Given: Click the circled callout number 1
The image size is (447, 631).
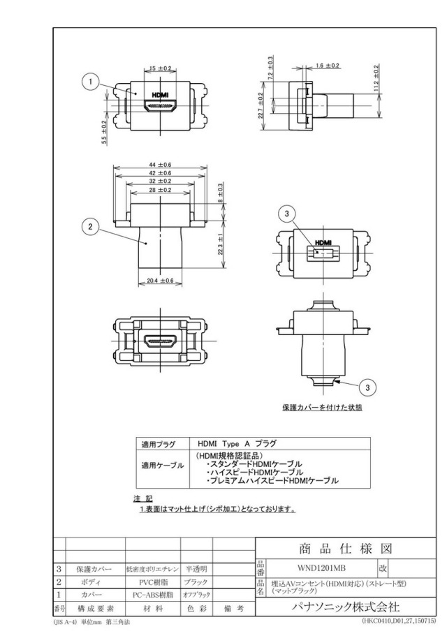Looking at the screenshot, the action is [91, 82].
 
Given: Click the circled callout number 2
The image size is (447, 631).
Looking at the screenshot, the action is [90, 227].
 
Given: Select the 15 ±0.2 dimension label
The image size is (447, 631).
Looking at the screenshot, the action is [160, 68].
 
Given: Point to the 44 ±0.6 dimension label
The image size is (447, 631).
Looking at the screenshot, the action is [159, 165].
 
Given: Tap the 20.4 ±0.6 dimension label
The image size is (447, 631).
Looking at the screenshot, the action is [160, 281].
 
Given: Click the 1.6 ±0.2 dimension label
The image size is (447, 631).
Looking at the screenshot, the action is [328, 66].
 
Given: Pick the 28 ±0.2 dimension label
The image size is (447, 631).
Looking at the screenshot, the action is [159, 190].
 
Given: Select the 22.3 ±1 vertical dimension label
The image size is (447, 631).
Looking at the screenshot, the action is [220, 244].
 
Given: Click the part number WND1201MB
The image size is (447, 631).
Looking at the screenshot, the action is [321, 568].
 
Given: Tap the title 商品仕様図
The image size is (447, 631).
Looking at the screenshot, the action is [346, 549].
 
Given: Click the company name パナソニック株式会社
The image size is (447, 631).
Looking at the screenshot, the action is [346, 607].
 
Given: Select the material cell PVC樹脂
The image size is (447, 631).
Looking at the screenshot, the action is [154, 582].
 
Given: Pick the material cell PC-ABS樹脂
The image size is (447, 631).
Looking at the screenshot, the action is [153, 595].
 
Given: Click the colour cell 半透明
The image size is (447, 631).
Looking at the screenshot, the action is [196, 569].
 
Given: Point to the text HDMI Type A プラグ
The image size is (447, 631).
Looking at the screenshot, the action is [237, 443].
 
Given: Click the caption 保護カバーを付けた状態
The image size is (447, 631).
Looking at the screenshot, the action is [322, 407].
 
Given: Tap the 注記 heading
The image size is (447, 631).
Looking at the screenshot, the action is [143, 499].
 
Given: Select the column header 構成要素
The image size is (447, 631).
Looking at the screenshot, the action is [96, 609].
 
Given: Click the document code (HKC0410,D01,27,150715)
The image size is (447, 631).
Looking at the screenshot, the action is [398, 621].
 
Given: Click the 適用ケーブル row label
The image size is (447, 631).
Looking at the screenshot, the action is [162, 466].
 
